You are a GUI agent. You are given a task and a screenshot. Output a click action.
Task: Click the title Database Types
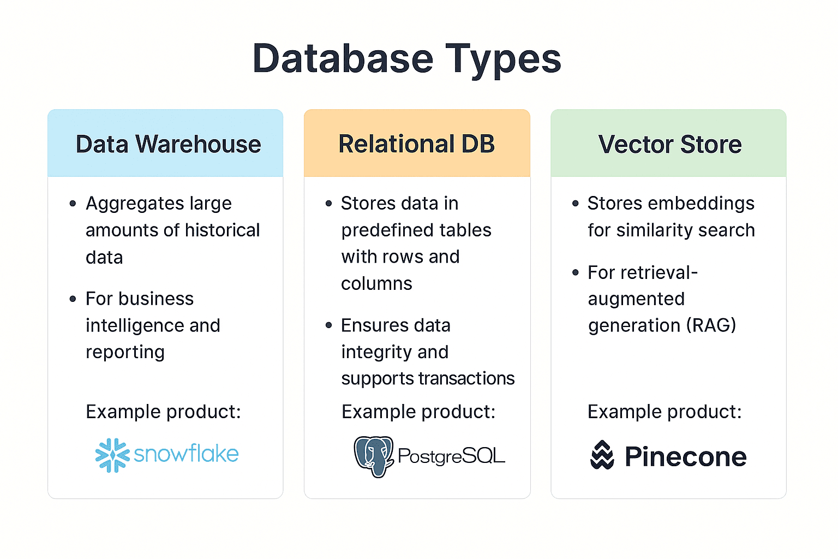point(407,58)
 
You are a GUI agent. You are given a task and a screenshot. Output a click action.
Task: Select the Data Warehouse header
point(168,144)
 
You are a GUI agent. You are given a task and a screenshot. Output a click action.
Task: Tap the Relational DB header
point(417,144)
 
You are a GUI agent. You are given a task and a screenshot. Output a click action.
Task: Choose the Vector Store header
point(669,145)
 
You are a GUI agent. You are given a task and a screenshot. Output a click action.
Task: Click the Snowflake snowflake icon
point(112,455)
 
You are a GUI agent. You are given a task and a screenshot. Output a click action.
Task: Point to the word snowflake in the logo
point(186,454)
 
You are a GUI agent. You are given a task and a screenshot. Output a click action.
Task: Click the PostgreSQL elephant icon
point(374,456)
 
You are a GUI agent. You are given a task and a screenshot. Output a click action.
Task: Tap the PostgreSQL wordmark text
point(451,456)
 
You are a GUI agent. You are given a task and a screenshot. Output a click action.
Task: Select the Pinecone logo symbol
point(602,455)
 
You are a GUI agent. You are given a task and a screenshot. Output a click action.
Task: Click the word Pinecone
point(685,457)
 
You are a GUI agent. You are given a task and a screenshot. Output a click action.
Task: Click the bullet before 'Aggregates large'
point(73,204)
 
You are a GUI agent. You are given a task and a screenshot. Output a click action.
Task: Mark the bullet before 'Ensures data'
point(328,325)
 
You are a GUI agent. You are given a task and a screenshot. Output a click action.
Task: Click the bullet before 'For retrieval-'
point(575,272)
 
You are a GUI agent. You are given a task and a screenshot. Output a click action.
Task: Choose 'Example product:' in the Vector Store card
point(665,412)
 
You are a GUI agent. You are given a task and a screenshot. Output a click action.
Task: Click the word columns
point(376,284)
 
